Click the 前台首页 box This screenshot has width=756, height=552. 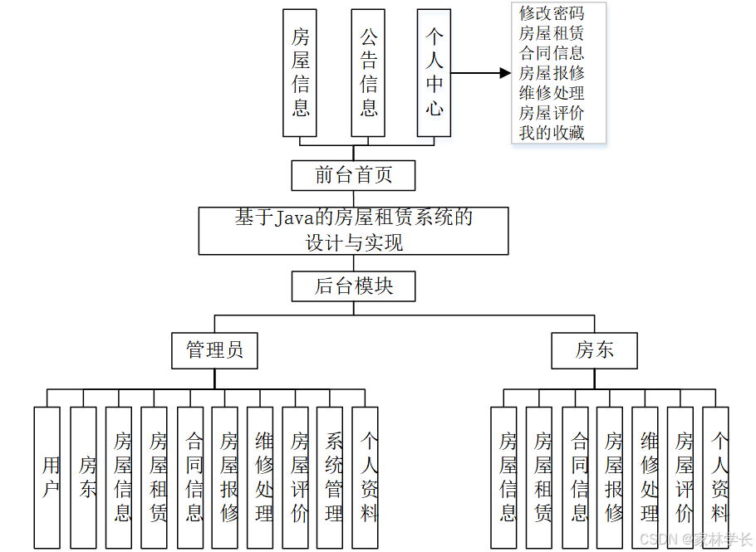point(353,175)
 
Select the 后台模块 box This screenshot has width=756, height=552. point(353,286)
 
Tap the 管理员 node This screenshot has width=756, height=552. point(214,350)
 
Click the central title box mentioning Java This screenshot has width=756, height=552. point(353,231)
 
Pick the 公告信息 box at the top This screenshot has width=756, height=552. point(368,73)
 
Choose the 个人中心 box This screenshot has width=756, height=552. point(434,73)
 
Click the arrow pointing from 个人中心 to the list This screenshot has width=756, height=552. point(482,73)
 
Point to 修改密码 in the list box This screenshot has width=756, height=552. point(552,14)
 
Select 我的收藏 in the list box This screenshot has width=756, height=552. point(552,133)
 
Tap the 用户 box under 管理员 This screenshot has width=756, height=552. point(47,477)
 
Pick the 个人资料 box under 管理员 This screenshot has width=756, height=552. point(366,477)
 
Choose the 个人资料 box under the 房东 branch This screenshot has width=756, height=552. point(716,477)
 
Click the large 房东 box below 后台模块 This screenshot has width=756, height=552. point(595,350)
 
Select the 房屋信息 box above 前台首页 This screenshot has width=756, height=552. point(300,73)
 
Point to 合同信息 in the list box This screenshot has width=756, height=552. point(552,53)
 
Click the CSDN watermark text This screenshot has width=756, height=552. point(695,539)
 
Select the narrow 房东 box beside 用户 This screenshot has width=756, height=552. point(83,477)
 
